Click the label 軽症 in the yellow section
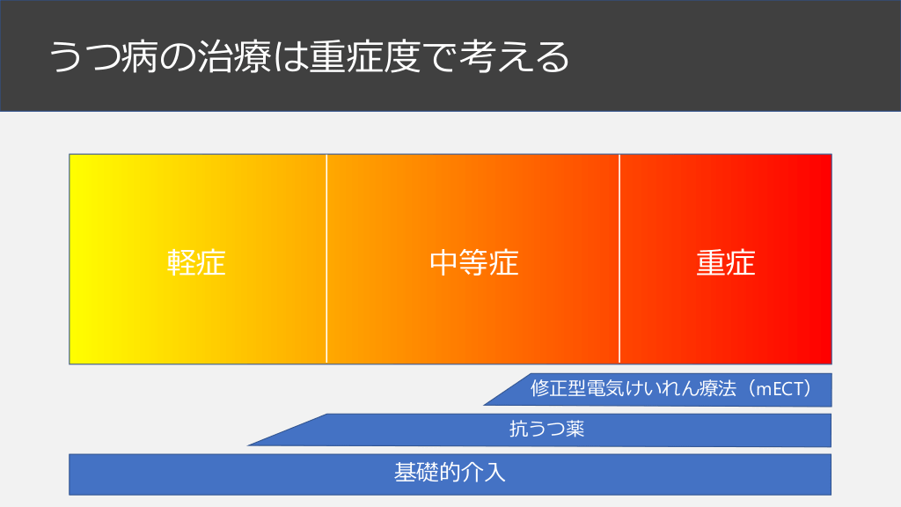point(196,262)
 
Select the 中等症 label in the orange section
point(474,262)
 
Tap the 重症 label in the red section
point(725,262)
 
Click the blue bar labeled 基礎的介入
point(450,474)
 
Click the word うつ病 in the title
point(104,57)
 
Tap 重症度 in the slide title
point(365,57)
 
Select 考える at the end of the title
point(513,57)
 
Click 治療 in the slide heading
point(234,57)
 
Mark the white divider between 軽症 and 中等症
point(326,259)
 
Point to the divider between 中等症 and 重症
point(619,259)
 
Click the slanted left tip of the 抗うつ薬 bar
point(248,445)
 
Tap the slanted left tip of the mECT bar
point(485,405)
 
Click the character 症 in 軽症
point(211,262)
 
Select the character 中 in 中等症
point(444,262)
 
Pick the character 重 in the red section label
point(711,262)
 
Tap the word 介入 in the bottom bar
point(487,473)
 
